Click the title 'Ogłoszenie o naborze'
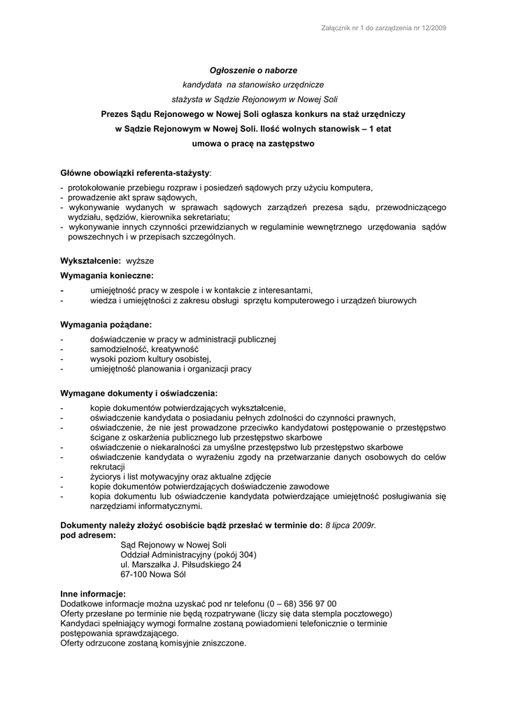254,71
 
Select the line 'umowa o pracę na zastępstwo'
253,144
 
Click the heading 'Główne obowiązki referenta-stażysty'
135,172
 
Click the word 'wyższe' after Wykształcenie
140,260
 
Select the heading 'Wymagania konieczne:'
107,275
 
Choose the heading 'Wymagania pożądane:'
106,325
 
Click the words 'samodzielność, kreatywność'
145,349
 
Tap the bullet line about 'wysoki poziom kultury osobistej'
150,358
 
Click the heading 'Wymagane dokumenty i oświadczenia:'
139,393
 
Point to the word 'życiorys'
106,476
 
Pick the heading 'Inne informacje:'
93,594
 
